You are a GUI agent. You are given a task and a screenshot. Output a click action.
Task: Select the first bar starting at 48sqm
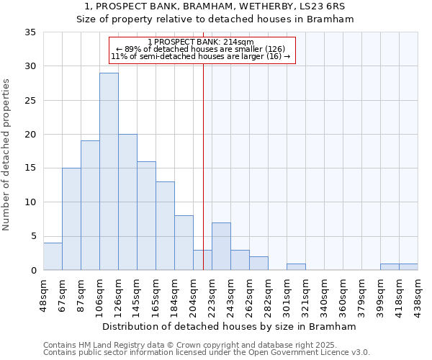[x=53, y=256]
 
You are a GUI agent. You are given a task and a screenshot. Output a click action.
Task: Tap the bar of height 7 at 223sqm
[x=221, y=246]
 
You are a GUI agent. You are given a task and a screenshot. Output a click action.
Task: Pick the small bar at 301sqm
[x=296, y=267]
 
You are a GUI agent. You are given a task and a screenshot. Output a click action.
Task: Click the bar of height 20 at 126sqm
[x=127, y=202]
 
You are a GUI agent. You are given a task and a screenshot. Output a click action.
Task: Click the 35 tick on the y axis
[x=30, y=32]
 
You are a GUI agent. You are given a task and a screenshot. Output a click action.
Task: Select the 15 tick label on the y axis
[x=30, y=168]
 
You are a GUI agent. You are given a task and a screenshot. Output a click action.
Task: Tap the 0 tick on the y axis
[x=33, y=271]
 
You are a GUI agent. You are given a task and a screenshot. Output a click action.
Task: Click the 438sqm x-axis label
[x=418, y=294]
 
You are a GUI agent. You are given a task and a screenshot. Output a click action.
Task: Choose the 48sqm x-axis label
[x=44, y=294]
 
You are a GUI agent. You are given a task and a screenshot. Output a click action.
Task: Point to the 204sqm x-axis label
[x=194, y=294]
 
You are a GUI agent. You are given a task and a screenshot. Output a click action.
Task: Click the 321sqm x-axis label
[x=306, y=294]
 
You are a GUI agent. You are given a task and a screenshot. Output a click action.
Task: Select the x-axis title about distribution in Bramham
[x=228, y=326]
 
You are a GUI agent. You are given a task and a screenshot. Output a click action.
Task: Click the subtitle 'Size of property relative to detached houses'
[x=215, y=19]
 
